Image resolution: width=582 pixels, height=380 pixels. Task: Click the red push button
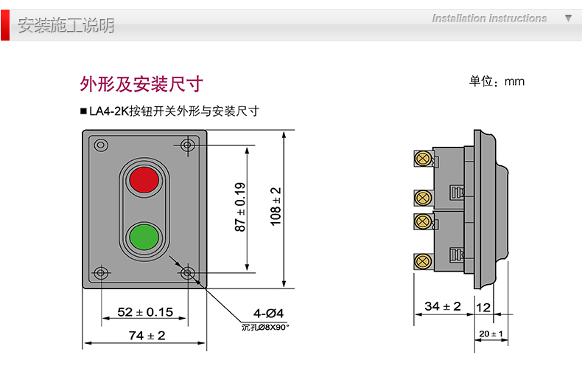pyautogui.click(x=144, y=179)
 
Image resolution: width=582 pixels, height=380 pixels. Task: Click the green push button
pyautogui.click(x=144, y=237)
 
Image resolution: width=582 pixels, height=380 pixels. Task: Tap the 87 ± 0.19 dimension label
pyautogui.click(x=241, y=207)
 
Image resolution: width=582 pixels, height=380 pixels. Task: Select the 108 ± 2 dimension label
pyautogui.click(x=276, y=205)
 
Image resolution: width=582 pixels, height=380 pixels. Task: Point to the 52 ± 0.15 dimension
pyautogui.click(x=145, y=311)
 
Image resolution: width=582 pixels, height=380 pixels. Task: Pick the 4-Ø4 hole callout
pyautogui.click(x=269, y=312)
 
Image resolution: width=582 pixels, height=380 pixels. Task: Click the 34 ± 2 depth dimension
pyautogui.click(x=443, y=305)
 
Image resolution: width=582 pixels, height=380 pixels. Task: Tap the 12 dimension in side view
pyautogui.click(x=483, y=305)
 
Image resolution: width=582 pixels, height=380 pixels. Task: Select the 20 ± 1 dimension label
pyautogui.click(x=491, y=334)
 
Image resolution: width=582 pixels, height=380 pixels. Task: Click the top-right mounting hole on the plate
pyautogui.click(x=188, y=145)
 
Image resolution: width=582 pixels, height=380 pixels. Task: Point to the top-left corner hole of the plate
pyautogui.click(x=101, y=145)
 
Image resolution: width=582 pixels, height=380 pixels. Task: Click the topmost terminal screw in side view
pyautogui.click(x=423, y=158)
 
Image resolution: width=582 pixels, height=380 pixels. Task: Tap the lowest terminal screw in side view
pyautogui.click(x=423, y=260)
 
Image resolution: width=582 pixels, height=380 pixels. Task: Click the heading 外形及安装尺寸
pyautogui.click(x=141, y=83)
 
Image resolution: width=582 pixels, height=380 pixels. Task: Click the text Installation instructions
pyautogui.click(x=489, y=18)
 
